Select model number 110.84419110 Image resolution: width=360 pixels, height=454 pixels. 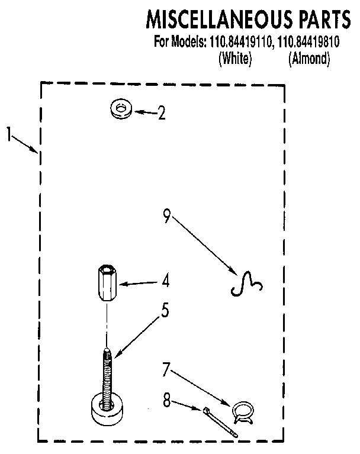[x=239, y=43]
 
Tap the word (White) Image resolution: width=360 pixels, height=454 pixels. [x=236, y=59]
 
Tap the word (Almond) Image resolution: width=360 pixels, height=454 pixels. [x=308, y=59]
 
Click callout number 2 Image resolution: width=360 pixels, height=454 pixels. [x=161, y=113]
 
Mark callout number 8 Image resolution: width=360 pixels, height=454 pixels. [x=166, y=401]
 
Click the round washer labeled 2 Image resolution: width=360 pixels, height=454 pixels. [x=121, y=108]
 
